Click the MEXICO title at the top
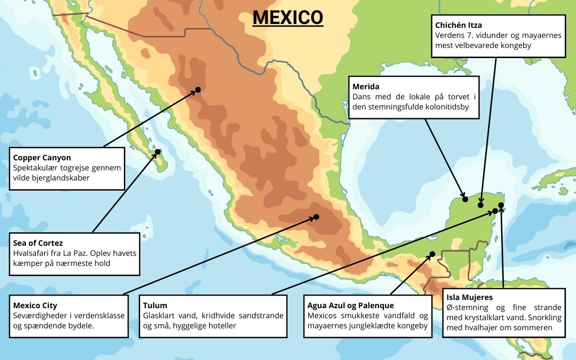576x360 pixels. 288,17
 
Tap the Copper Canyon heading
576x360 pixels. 42,157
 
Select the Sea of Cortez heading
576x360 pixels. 38,243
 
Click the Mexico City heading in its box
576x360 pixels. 35,305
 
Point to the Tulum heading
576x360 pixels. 155,305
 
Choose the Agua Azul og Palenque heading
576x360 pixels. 350,305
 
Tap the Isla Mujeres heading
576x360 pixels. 469,298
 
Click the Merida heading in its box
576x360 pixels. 366,87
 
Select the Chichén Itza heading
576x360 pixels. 458,24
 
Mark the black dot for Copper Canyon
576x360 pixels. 198,90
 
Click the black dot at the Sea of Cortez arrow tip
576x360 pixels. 157,152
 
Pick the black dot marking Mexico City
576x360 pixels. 316,217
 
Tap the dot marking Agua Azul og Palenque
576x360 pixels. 432,254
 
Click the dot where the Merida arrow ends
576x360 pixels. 465,199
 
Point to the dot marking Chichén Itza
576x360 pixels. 480,205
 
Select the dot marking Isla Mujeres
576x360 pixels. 501,205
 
